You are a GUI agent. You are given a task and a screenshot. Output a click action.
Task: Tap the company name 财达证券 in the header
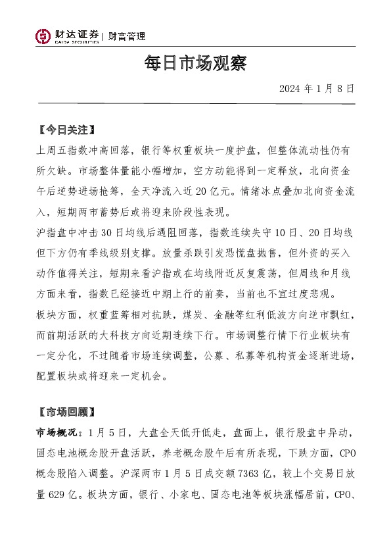(78, 34)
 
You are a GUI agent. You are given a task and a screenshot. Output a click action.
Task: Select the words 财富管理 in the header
(127, 36)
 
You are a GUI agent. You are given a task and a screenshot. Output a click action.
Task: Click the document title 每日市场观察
(195, 64)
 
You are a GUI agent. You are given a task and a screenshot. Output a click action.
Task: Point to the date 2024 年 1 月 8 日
(317, 88)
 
